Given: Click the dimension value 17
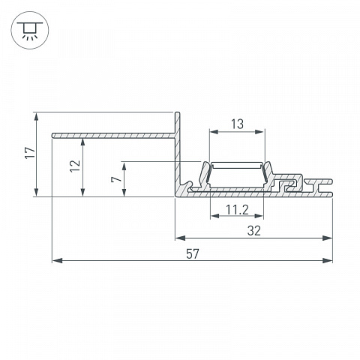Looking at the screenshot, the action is [30, 152].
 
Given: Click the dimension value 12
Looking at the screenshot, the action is [75, 166].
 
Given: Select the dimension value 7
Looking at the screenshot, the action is [116, 179].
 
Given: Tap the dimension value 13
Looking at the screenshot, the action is [237, 124].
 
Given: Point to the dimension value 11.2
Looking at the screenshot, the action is [237, 210].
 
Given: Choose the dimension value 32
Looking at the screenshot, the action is [254, 231].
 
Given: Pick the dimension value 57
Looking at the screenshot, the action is [193, 254].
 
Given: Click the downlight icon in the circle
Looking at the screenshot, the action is [30, 30].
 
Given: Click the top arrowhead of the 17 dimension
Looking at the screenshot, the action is [37, 118].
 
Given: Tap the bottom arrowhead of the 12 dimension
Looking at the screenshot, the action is [82, 192].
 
